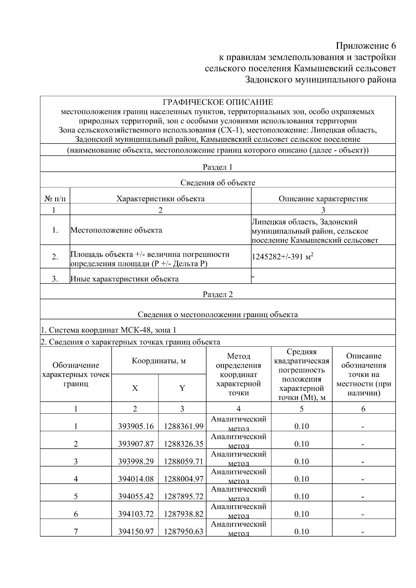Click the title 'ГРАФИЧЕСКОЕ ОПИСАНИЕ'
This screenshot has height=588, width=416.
coord(218,102)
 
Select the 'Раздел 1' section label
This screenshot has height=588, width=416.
coord(218,167)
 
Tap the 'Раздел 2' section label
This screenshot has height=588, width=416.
coord(218,295)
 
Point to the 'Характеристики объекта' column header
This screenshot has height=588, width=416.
coord(160,199)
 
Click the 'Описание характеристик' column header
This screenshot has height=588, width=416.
coord(323,199)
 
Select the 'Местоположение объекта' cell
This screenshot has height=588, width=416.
coord(116,230)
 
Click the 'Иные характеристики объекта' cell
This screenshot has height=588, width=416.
coord(124,279)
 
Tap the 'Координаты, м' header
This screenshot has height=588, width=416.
coord(159,361)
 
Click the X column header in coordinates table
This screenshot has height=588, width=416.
coord(135,388)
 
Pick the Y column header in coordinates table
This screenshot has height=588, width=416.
coord(182,388)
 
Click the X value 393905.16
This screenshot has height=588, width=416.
coord(136,426)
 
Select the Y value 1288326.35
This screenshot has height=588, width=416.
coord(183,444)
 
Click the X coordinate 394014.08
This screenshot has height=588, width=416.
coord(136,479)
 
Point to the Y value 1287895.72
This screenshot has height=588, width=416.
coord(183,497)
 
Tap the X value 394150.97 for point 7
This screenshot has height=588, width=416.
coord(136,532)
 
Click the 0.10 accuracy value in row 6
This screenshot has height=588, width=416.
coord(302,514)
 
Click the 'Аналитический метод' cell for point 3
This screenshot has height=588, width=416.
coord(239,458)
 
